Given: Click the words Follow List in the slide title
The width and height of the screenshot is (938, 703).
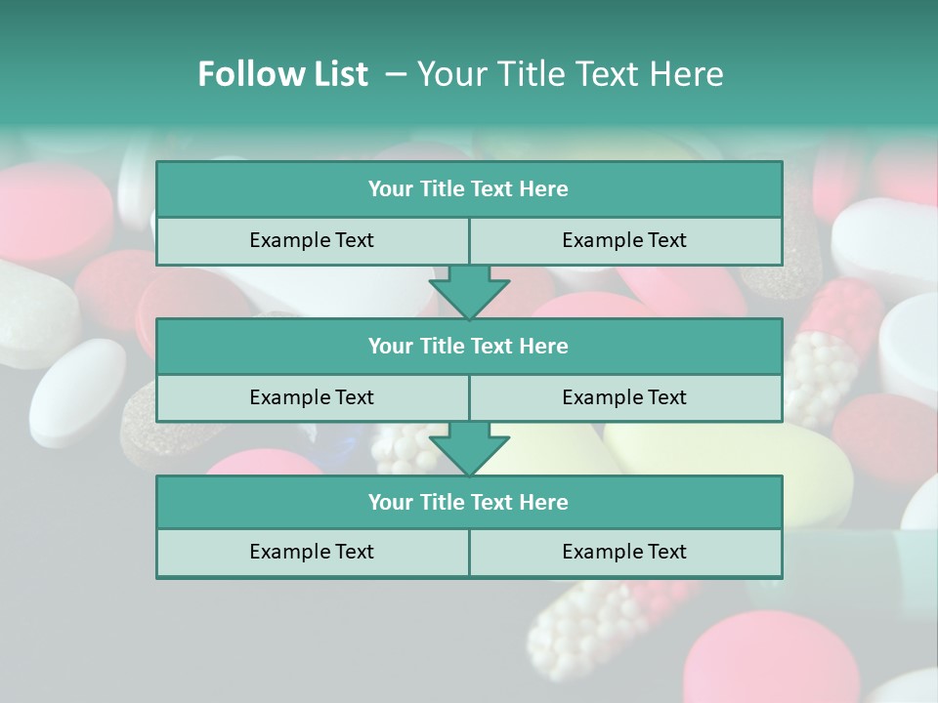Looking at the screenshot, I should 282,74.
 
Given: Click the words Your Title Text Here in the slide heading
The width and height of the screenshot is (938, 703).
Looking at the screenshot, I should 570,74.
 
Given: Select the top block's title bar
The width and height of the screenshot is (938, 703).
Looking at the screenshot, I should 468,189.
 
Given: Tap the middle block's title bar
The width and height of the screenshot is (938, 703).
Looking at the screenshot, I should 468,346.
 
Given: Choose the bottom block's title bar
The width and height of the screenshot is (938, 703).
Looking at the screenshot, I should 468,502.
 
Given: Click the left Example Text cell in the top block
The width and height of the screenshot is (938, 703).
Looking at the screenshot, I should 312,240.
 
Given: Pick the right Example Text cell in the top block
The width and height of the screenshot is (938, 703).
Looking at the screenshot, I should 624,240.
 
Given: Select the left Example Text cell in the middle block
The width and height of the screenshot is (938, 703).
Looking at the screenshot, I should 312,397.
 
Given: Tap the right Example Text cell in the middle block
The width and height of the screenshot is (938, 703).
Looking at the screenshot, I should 624,397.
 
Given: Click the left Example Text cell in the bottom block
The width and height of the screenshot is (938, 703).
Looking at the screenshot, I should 312,552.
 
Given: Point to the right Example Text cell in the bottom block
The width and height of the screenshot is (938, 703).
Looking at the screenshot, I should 624,552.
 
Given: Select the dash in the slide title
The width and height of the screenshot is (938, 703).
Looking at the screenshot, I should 396,74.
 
